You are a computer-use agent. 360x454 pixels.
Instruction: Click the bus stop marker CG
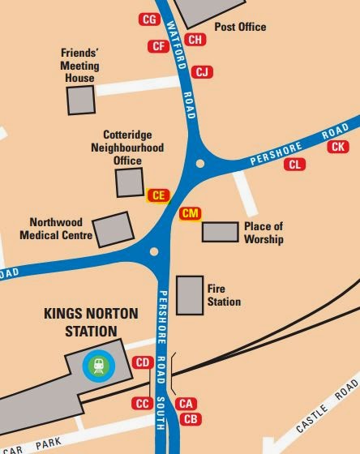tap(149, 19)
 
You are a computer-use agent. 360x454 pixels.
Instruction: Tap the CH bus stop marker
tap(195, 39)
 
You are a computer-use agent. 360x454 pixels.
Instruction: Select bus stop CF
tap(157, 46)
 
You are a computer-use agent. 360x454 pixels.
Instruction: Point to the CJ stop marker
tap(203, 73)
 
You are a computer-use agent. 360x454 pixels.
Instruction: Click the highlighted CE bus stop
tap(158, 195)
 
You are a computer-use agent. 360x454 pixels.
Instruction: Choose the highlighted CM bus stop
tap(190, 213)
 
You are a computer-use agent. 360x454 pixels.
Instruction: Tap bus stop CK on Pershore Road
tap(337, 147)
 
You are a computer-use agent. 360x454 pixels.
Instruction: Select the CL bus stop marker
tap(297, 165)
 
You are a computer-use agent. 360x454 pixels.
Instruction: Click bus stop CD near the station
tap(143, 362)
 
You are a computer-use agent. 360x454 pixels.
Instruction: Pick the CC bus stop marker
tap(142, 403)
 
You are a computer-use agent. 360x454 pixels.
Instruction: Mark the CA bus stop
tap(186, 403)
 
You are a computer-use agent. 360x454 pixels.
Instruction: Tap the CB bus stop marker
tap(191, 418)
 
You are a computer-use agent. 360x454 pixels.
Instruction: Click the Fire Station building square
tap(190, 295)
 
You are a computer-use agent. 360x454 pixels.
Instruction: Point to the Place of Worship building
tap(220, 232)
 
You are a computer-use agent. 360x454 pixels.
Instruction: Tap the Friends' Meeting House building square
tap(80, 101)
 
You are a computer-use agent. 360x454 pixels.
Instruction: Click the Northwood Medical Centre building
tap(114, 229)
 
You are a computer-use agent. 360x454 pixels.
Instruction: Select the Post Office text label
tap(240, 27)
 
